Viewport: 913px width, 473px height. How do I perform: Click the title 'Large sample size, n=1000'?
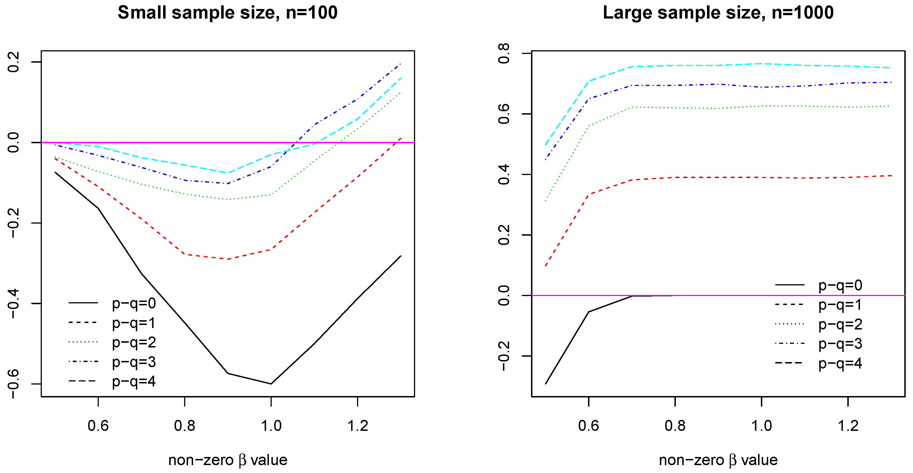coord(718,13)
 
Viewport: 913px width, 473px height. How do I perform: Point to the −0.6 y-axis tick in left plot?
coord(13,384)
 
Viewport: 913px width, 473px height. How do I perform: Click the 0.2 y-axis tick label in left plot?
coord(13,62)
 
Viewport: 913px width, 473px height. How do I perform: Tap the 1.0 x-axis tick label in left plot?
coord(271,426)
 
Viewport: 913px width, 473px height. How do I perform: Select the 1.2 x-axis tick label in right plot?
coord(848,426)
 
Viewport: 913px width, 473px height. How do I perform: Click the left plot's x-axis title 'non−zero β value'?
coord(228,460)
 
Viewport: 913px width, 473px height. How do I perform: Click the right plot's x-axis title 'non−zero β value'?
coord(718,460)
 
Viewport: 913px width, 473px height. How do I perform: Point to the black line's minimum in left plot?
coord(271,384)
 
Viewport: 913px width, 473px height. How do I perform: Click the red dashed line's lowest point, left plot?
coord(228,259)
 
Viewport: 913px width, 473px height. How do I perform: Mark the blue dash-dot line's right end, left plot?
coord(401,64)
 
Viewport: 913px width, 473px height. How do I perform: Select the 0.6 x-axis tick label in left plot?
coord(98,426)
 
